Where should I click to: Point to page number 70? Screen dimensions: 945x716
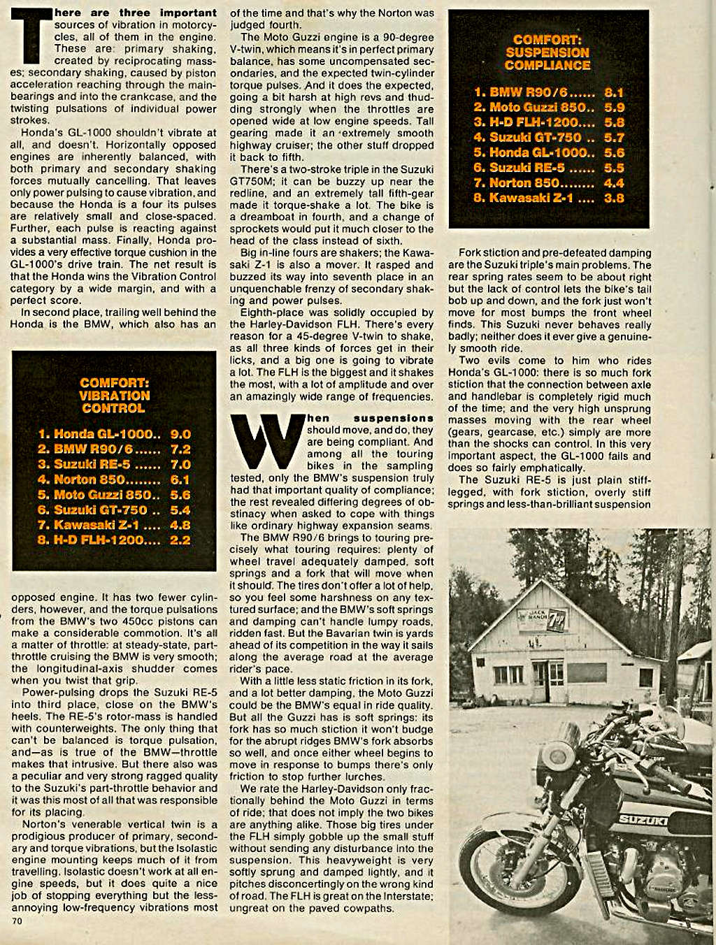click(17, 921)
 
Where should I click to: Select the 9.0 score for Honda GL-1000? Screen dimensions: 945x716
click(180, 434)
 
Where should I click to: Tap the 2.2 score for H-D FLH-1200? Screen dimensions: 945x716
click(180, 540)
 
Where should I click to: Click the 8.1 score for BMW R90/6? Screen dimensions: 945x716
click(614, 92)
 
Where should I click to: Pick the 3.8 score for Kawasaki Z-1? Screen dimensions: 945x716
click(614, 198)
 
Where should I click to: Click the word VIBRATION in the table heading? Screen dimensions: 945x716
click(114, 396)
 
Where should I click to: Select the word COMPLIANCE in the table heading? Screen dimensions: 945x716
click(547, 65)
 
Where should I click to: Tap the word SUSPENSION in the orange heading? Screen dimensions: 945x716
click(547, 52)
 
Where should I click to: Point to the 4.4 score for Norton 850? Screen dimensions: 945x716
click(614, 183)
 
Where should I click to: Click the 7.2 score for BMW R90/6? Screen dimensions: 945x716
click(180, 449)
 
